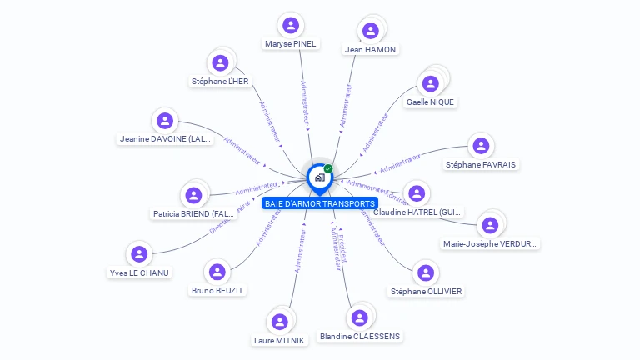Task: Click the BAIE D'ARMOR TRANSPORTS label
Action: point(319,203)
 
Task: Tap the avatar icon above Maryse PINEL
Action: point(291,24)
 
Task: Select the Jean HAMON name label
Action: point(371,49)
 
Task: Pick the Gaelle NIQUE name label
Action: point(431,102)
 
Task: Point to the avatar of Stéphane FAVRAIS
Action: point(481,145)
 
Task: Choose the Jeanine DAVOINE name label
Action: point(165,139)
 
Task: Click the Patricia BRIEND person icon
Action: point(194,195)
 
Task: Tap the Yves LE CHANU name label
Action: point(139,272)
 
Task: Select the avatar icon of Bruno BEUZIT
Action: point(217,271)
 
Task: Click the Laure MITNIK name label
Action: point(279,340)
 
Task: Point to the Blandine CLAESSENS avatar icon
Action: point(359,317)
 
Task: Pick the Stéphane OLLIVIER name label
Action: point(427,292)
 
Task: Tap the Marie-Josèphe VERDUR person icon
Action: point(490,225)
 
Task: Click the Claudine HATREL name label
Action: point(418,212)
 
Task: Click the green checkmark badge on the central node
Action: point(328,169)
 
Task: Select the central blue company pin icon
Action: point(318,177)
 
